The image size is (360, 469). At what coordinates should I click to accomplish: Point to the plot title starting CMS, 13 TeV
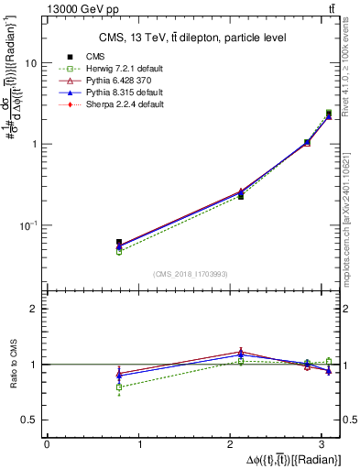coord(192,38)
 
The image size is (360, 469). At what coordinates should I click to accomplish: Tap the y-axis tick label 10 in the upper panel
coord(30,64)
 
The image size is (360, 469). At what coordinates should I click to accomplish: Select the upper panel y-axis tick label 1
coord(34,145)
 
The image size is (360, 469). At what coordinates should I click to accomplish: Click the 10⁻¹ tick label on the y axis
coord(28,224)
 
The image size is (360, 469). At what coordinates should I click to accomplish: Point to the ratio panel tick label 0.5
coord(28,420)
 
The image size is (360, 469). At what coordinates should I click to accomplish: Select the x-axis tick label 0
coord(47,444)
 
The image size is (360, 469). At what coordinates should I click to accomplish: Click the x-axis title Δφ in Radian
coord(295,459)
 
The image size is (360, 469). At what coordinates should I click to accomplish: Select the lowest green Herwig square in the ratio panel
coord(119,387)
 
